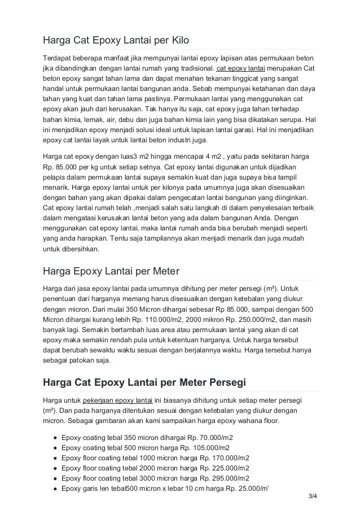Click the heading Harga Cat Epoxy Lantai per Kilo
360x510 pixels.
[116, 41]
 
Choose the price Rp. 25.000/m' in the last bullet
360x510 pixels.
[245, 489]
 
